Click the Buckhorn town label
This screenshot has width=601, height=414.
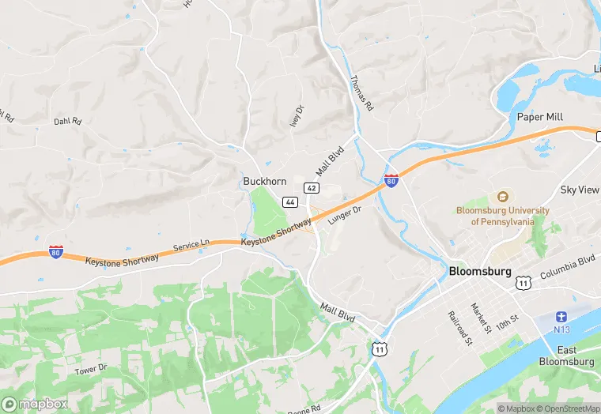[264, 181]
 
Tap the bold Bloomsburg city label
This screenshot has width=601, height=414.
[481, 270]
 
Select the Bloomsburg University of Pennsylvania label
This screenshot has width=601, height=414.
[502, 216]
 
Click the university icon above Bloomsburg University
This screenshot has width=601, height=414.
[502, 197]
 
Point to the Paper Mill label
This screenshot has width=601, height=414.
[539, 117]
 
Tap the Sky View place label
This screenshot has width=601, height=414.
[580, 190]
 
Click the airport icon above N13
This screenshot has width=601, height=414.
[562, 316]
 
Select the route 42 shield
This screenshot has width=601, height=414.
[312, 187]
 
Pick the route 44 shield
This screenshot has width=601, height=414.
[290, 202]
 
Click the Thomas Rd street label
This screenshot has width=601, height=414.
[361, 93]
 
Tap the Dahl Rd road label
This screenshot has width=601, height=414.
[67, 122]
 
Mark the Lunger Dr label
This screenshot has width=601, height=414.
[344, 216]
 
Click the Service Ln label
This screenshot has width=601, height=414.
[191, 246]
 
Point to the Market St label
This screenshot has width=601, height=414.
[481, 317]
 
